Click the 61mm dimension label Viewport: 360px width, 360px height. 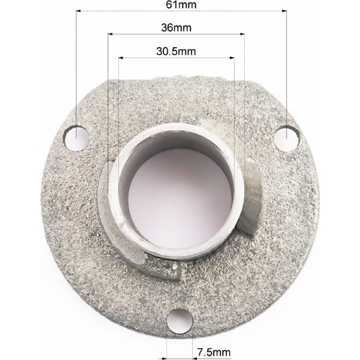pyautogui.click(x=181, y=5)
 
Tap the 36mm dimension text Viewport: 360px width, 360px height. pyautogui.click(x=176, y=28)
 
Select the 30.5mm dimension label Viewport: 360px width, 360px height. pyautogui.click(x=176, y=51)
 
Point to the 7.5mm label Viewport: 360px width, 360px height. pyautogui.click(x=214, y=352)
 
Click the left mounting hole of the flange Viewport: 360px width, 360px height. pyautogui.click(x=76, y=138)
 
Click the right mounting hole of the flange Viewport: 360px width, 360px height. pyautogui.click(x=286, y=139)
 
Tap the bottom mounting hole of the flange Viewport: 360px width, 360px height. pyautogui.click(x=179, y=321)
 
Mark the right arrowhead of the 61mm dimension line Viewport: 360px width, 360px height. pyautogui.click(x=284, y=10)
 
